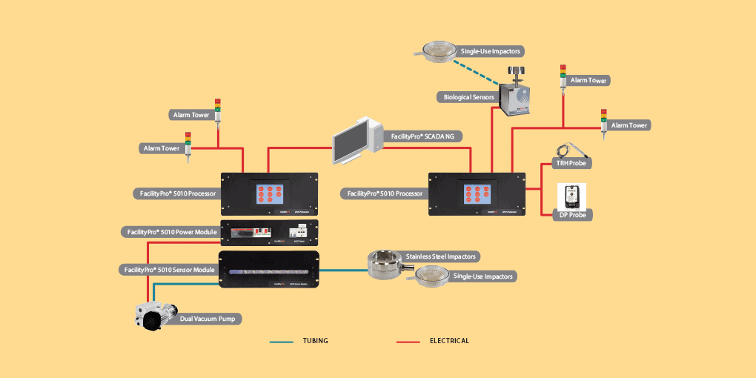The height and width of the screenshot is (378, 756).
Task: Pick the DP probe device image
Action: tap(571, 196)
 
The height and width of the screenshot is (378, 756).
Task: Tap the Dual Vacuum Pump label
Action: tap(210, 319)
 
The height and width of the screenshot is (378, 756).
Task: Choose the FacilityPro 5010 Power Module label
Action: tap(169, 232)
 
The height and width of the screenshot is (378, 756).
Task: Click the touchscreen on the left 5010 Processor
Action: tap(269, 194)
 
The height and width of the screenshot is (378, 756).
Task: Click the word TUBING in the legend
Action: tap(315, 341)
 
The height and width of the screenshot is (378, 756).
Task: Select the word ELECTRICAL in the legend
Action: tap(449, 341)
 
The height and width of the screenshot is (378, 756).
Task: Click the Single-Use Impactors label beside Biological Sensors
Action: tap(491, 51)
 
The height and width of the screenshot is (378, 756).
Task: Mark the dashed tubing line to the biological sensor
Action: tap(474, 67)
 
